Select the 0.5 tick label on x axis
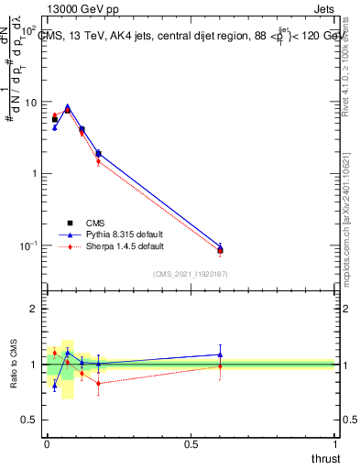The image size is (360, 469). point(191,444)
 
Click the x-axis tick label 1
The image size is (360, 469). point(336,444)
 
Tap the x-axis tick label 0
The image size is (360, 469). point(47,444)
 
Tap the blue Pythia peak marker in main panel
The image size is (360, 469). point(68,106)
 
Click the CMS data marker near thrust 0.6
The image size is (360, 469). point(220,250)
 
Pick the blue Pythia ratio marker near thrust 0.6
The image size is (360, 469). point(220,354)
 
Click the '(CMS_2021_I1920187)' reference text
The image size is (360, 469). point(191,274)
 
